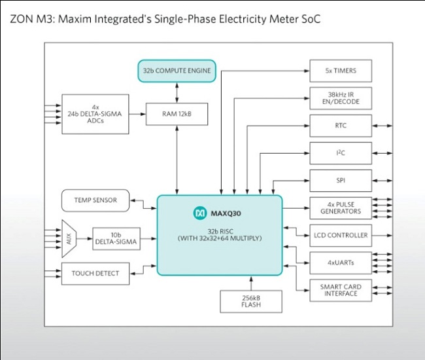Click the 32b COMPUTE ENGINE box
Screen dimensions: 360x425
click(177, 70)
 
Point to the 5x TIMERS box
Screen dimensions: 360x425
click(340, 70)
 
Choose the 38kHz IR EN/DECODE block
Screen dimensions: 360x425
click(340, 98)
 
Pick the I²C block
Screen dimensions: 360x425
click(340, 153)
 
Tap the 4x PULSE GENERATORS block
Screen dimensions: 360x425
click(340, 208)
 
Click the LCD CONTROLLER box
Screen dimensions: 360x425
click(340, 235)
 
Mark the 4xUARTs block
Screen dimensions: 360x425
click(340, 262)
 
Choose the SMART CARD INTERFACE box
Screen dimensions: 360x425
click(340, 289)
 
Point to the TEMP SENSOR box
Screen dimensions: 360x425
click(95, 200)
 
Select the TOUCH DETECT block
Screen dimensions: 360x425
click(95, 273)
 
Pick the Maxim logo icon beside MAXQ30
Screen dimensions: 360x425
click(200, 213)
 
